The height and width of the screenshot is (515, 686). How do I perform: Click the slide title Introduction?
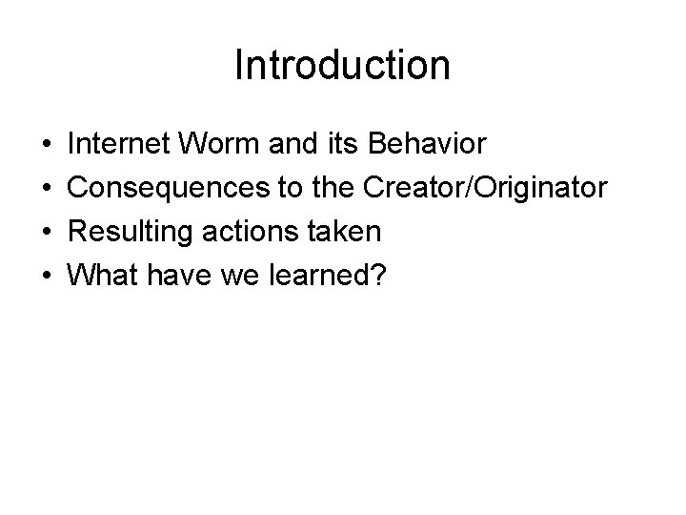point(342,66)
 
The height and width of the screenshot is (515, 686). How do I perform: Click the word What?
point(103,276)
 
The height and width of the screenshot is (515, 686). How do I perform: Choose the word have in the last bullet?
point(175,276)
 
